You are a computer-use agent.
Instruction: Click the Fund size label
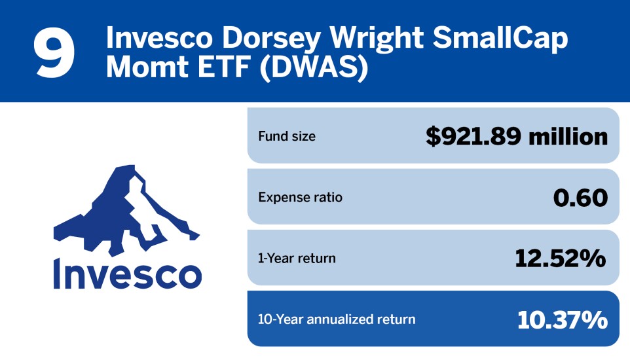click(286, 137)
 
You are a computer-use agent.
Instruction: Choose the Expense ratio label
click(300, 197)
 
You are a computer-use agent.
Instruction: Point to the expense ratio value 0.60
click(580, 197)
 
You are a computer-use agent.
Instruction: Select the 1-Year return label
click(297, 258)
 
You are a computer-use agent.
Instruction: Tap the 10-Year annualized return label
click(337, 319)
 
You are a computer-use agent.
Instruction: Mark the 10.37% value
click(562, 319)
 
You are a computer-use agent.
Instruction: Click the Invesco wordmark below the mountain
click(126, 273)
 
